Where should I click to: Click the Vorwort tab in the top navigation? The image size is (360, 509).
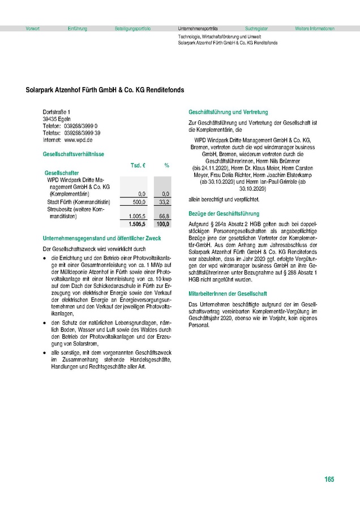(x=32, y=28)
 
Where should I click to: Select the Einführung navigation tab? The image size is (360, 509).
(x=77, y=28)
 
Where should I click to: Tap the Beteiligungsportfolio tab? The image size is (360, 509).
(x=132, y=28)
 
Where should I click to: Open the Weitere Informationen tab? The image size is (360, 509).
(x=315, y=28)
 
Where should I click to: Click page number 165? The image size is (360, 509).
(x=329, y=480)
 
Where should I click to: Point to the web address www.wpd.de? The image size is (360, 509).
(x=79, y=139)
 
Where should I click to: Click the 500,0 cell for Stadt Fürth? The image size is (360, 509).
(x=139, y=201)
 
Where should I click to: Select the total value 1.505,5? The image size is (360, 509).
(x=138, y=223)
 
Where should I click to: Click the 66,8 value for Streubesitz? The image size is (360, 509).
(x=165, y=216)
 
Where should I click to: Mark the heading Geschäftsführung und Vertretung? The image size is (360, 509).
(x=228, y=112)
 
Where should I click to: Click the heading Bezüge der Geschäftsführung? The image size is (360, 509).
(x=224, y=214)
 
